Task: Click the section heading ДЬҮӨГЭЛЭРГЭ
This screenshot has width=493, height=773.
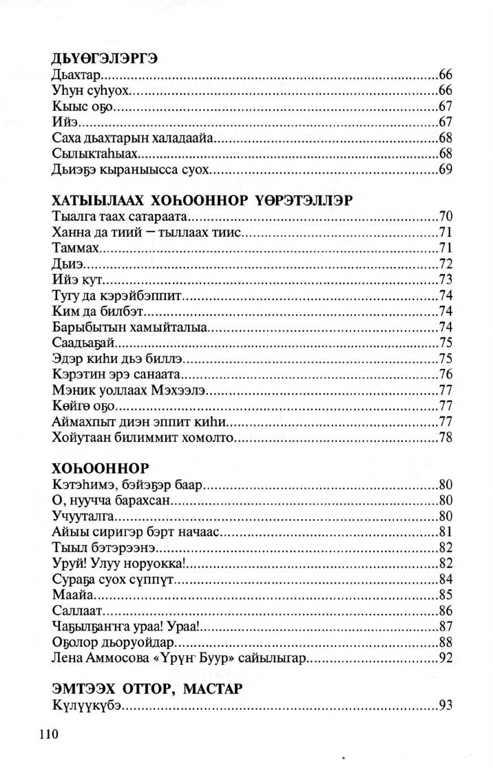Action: (105, 59)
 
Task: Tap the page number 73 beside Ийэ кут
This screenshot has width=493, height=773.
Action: (444, 280)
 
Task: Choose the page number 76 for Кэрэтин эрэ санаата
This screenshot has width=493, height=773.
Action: (444, 374)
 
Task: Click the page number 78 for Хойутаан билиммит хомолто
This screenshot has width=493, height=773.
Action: (444, 437)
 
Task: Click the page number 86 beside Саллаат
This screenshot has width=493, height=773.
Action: (444, 611)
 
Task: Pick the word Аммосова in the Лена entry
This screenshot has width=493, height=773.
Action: (113, 658)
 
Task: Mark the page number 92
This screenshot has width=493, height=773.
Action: (444, 658)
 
